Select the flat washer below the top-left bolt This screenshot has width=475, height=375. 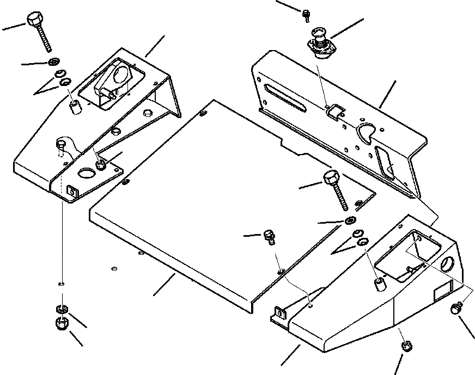point(54,62)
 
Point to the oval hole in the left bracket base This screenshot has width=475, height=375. point(86,173)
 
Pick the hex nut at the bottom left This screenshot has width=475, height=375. point(62,323)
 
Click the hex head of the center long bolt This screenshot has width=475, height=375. point(331,179)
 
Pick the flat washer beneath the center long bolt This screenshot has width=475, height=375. point(350,220)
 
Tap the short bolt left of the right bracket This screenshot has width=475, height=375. point(269,236)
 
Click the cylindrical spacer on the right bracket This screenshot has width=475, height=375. point(379,284)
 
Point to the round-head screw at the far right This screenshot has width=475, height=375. point(455,310)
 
